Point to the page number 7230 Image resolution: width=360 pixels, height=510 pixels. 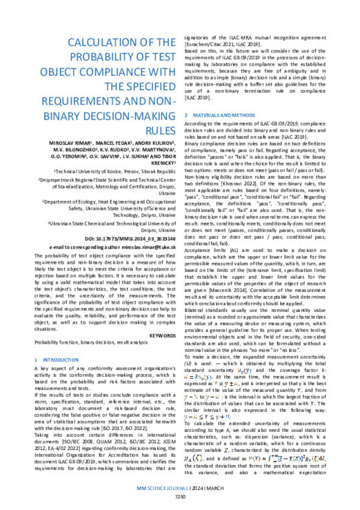(180, 502)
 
